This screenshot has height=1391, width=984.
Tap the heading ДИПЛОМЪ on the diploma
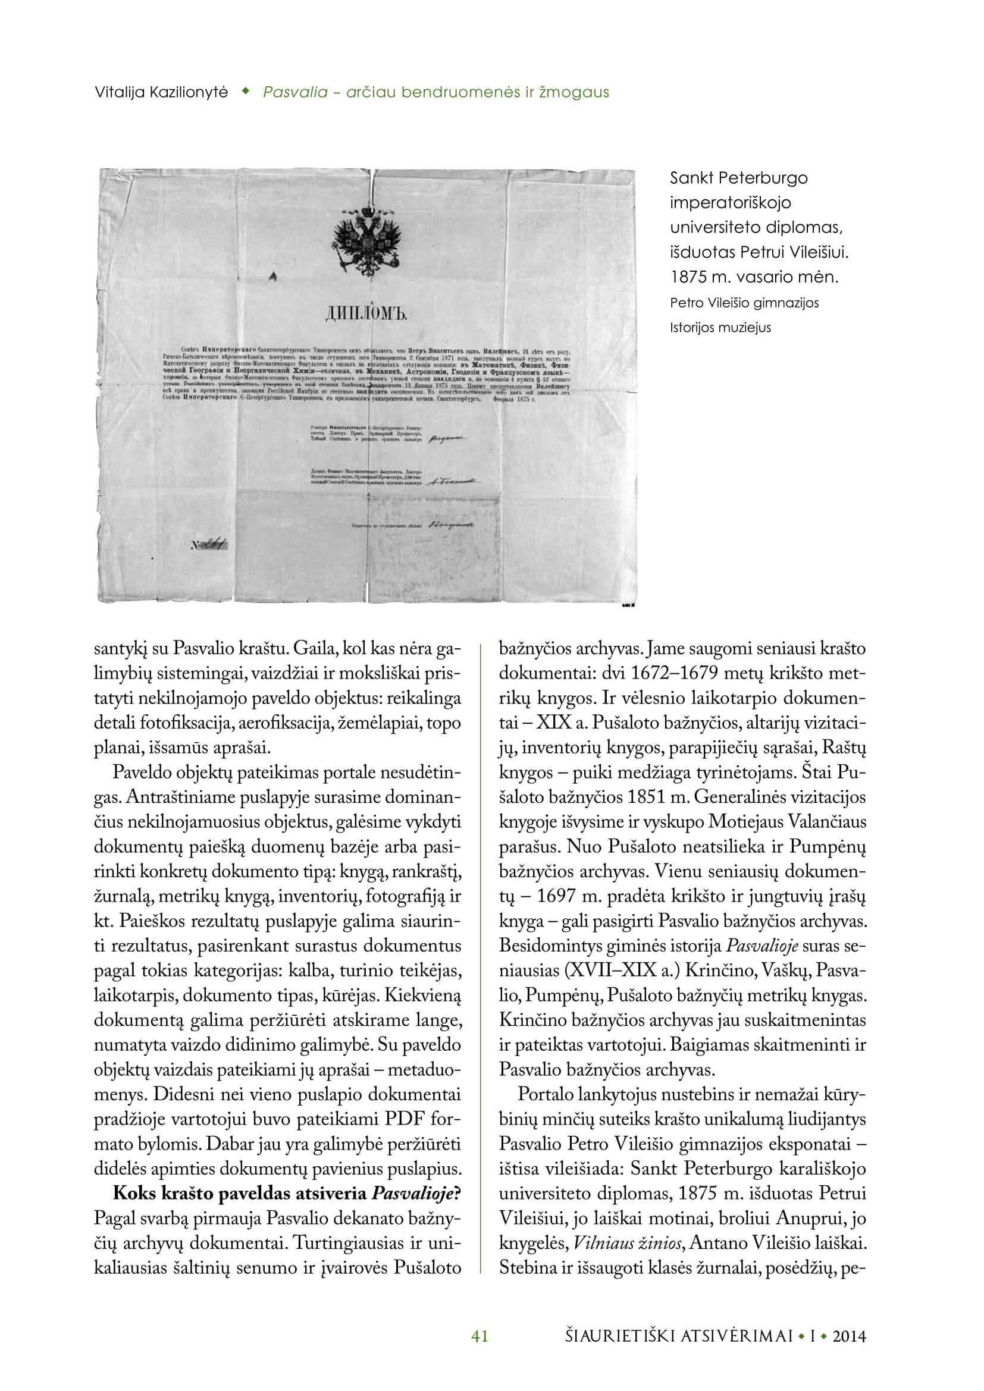click(366, 313)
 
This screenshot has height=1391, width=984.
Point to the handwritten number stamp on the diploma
click(209, 545)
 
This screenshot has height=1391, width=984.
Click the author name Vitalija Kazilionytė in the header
click(161, 93)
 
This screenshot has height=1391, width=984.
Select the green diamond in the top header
click(245, 92)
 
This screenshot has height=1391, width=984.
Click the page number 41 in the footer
click(480, 1336)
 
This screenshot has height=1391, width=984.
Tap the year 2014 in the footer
click(849, 1336)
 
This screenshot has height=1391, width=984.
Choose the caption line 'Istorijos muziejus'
click(720, 328)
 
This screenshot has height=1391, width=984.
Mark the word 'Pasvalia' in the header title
click(295, 93)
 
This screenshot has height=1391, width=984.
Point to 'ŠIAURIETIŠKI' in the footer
click(618, 1336)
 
